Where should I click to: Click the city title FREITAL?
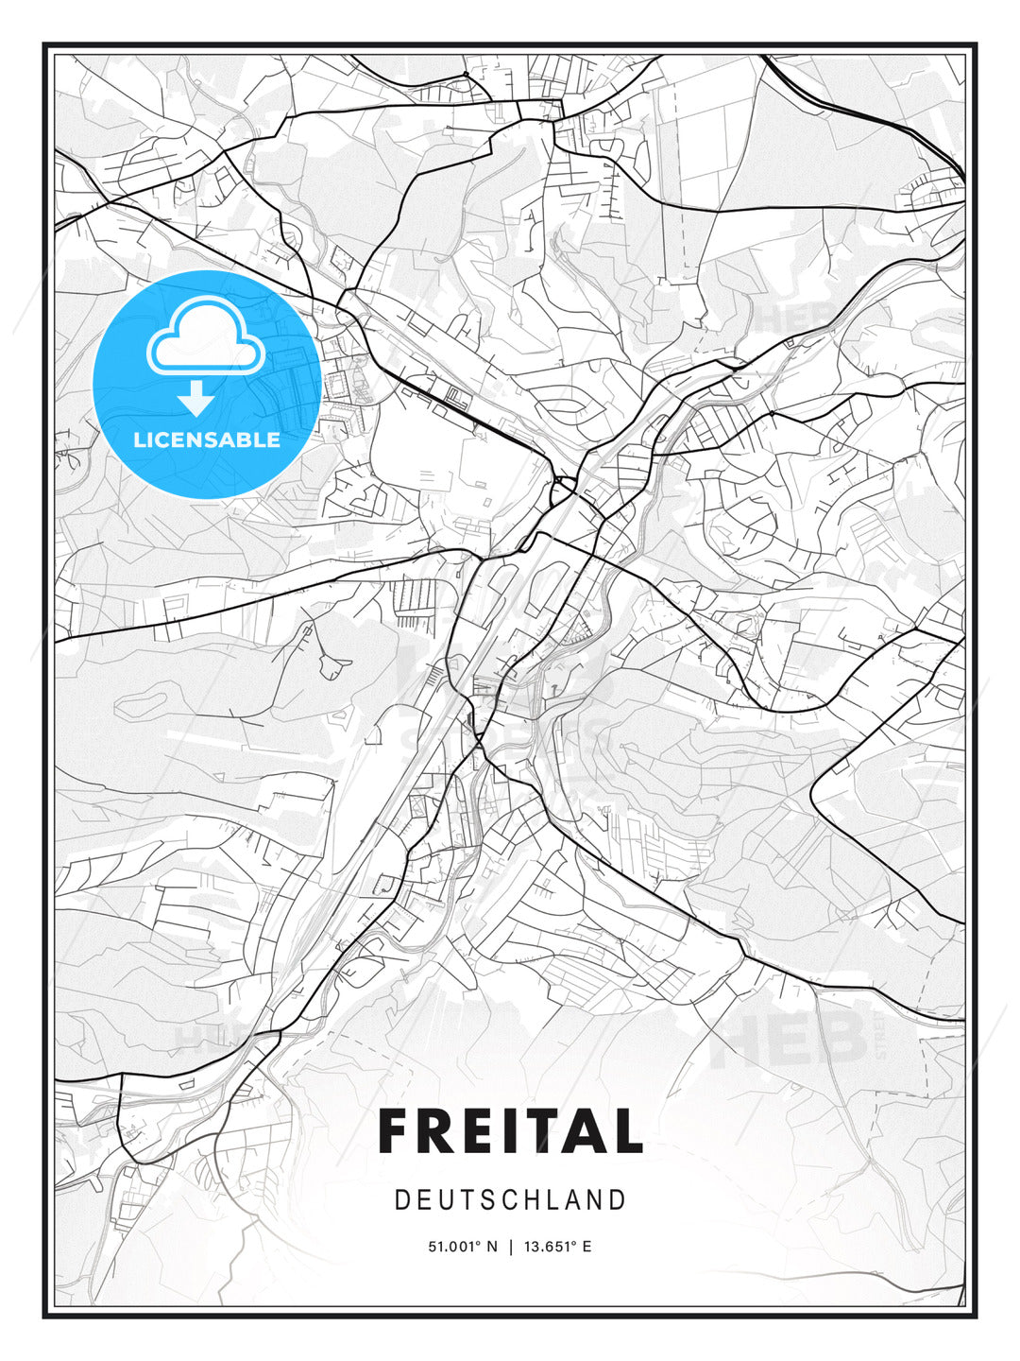(510, 1130)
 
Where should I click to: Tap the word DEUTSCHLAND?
(510, 1200)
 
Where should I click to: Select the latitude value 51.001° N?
(463, 1247)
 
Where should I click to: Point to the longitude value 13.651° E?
(558, 1247)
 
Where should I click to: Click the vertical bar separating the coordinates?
(511, 1247)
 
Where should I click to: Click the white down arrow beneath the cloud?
(196, 399)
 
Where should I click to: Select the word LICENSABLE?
(207, 440)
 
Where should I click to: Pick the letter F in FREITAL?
(396, 1130)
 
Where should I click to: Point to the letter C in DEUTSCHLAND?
(513, 1200)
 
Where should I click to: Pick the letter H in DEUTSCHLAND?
(535, 1200)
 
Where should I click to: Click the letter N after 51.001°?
(492, 1247)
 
